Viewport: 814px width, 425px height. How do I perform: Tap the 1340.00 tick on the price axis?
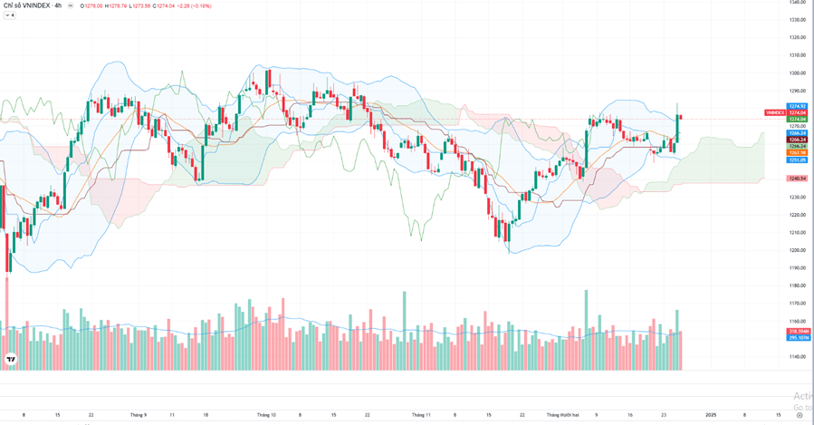click(x=797, y=2)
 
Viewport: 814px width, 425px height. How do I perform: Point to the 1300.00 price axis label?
click(x=797, y=72)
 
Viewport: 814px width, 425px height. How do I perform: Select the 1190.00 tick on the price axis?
click(x=797, y=267)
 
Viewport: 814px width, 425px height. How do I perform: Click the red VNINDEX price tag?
click(x=774, y=112)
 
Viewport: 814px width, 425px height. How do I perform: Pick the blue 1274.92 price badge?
click(x=797, y=106)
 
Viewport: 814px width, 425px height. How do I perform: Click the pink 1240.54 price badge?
click(x=797, y=179)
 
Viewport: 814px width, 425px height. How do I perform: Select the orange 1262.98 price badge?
click(x=797, y=152)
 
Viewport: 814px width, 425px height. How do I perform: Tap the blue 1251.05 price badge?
click(x=797, y=159)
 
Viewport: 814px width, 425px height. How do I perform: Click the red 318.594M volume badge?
click(x=797, y=332)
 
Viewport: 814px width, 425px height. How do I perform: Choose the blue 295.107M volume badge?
click(x=797, y=338)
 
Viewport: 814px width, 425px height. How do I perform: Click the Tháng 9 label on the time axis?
click(x=138, y=414)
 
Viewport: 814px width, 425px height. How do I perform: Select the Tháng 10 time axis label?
click(x=266, y=414)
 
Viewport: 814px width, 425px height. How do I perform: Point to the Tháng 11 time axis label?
click(x=421, y=414)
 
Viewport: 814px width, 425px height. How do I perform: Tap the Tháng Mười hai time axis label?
click(x=564, y=414)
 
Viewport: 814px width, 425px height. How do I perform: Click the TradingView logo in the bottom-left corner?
click(x=10, y=360)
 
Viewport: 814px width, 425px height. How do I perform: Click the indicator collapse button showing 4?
click(x=10, y=15)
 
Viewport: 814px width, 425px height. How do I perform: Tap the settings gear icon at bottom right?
click(x=799, y=414)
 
